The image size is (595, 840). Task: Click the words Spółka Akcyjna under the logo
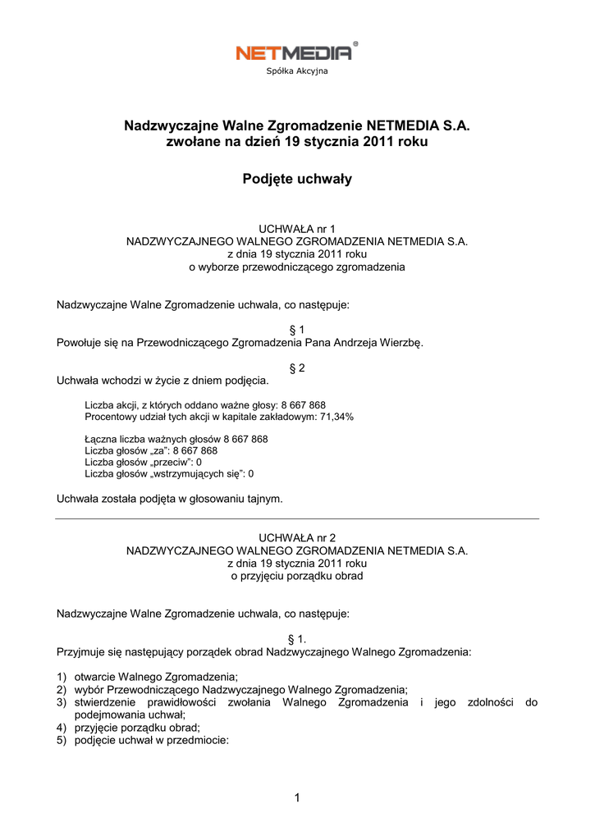click(x=297, y=72)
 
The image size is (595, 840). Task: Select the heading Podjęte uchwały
click(x=297, y=179)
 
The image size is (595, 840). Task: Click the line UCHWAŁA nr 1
click(x=297, y=228)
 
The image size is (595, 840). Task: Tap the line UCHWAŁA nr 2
click(x=297, y=537)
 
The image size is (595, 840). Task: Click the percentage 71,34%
click(x=337, y=417)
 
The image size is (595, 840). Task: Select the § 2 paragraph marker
click(x=297, y=368)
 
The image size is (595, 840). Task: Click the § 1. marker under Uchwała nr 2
click(x=297, y=638)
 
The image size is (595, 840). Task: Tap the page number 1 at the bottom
click(x=297, y=797)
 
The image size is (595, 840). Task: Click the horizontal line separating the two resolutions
click(x=297, y=518)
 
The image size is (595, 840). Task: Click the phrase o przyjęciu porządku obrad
click(x=297, y=576)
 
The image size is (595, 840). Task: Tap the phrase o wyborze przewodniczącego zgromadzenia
click(x=297, y=267)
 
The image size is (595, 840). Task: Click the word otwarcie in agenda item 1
click(x=95, y=677)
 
